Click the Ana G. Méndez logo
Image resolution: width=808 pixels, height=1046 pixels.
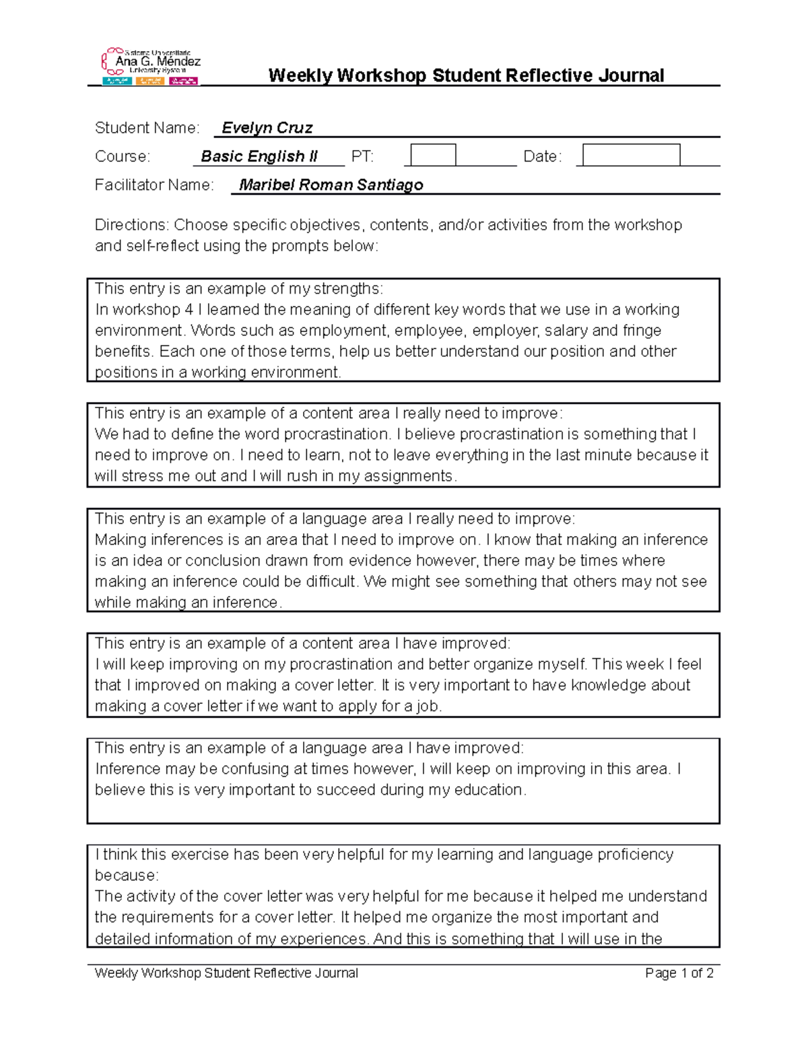coord(151,66)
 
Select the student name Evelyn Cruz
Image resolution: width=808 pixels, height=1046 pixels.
coord(267,128)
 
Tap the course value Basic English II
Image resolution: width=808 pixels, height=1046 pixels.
coord(259,156)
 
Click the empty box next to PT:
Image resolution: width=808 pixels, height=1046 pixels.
coord(433,155)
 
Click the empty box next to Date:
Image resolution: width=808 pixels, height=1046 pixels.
coord(631,155)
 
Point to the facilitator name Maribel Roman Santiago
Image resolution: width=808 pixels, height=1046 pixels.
coord(331,185)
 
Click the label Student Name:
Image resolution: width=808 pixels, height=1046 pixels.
coord(147,128)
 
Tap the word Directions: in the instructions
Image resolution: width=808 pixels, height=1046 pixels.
coord(131,225)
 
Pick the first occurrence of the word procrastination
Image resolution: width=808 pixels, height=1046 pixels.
coord(336,434)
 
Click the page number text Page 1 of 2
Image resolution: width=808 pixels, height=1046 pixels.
coord(679,973)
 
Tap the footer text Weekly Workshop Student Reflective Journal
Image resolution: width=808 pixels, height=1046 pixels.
coord(226,973)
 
